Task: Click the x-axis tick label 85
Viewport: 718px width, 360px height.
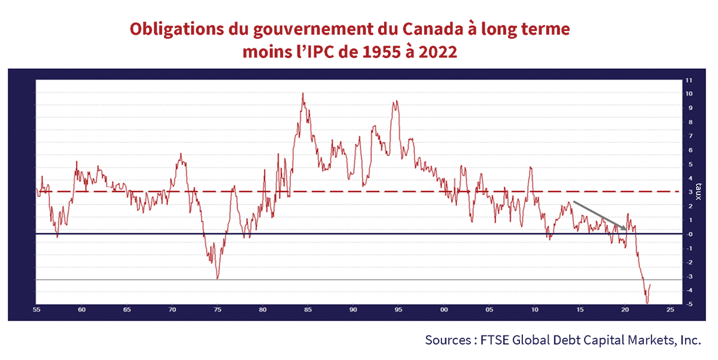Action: [x=308, y=310]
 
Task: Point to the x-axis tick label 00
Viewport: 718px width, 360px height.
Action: [x=443, y=310]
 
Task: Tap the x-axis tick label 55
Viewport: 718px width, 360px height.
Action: [x=36, y=310]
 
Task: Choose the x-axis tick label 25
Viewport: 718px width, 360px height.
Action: [x=670, y=310]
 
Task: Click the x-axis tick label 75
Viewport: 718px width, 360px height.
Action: [x=217, y=310]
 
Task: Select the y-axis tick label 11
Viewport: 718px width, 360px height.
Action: [x=689, y=80]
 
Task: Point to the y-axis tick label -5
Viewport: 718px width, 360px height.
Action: [x=689, y=305]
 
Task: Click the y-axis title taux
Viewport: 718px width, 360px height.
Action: [x=706, y=191]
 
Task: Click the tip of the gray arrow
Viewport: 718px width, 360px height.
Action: [x=626, y=230]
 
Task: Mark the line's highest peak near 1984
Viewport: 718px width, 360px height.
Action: [x=303, y=93]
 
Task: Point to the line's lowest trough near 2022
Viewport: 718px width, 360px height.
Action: [x=647, y=303]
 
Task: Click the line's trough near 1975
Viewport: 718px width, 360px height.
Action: [x=217, y=279]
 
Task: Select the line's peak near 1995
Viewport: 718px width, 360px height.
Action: [x=395, y=102]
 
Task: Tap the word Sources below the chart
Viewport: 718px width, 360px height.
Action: [x=448, y=340]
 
